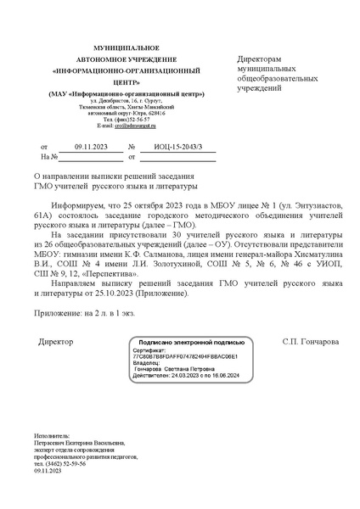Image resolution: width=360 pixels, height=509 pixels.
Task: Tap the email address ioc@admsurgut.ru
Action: point(135,126)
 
